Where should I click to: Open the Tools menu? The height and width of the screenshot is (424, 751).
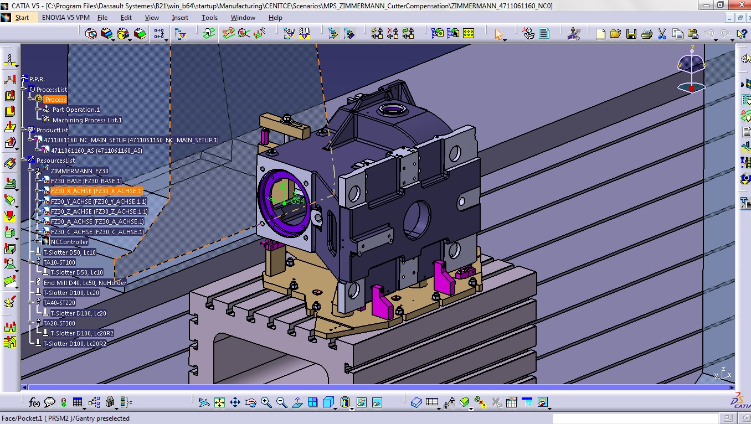tap(209, 18)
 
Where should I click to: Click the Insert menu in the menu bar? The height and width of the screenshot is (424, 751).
tap(180, 18)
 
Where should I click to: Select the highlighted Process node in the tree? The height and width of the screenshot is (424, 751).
tap(55, 100)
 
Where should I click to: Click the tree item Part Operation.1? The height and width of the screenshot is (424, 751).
tap(76, 110)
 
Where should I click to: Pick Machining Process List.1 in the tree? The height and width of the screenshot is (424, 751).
tap(87, 120)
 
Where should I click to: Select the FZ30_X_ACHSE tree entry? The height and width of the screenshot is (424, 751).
tap(96, 191)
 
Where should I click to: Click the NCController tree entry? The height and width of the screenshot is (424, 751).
tap(69, 242)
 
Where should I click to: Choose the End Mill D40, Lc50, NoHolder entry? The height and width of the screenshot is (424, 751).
tap(85, 283)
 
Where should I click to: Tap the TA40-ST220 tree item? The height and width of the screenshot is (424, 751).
tap(59, 303)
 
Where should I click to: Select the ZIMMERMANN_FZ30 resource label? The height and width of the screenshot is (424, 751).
tap(79, 171)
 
